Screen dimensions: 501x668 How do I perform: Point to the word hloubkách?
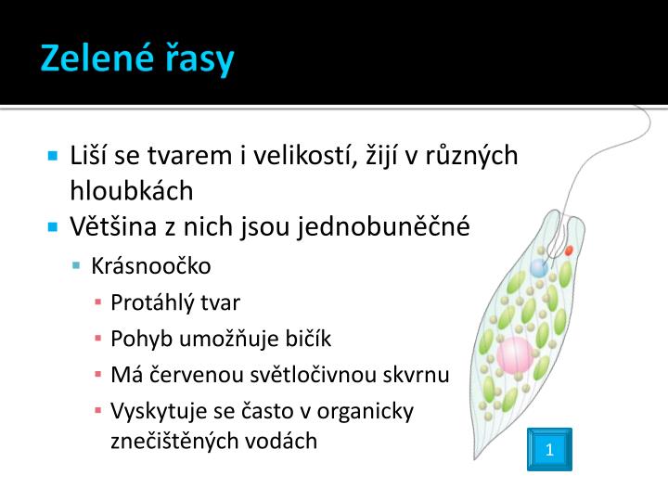132,191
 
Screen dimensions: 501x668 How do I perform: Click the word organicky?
366,410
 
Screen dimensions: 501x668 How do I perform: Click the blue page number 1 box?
549,450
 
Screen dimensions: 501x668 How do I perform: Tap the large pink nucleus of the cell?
514,353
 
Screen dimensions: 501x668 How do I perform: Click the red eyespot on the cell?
569,250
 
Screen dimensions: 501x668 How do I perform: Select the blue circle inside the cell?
539,269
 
